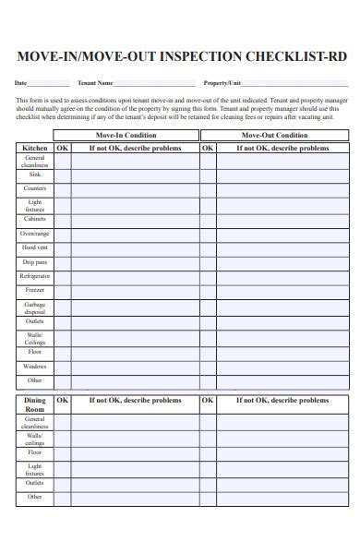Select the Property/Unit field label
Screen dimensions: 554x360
pyautogui.click(x=222, y=82)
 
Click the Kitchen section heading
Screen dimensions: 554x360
pyautogui.click(x=35, y=148)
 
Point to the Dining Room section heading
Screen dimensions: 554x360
pyautogui.click(x=35, y=405)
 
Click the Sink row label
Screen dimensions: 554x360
pyautogui.click(x=35, y=175)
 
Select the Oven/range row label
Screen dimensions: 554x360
pyautogui.click(x=35, y=234)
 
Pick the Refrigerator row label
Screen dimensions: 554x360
pyautogui.click(x=35, y=276)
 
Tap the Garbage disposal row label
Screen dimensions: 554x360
pyautogui.click(x=35, y=307)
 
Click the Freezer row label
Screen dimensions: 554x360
pyautogui.click(x=35, y=291)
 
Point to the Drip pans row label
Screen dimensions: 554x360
pyautogui.click(x=35, y=262)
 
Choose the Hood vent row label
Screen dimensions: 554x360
pyautogui.click(x=35, y=247)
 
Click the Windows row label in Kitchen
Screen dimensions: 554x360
pyautogui.click(x=35, y=366)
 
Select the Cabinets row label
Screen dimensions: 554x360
pyautogui.click(x=35, y=219)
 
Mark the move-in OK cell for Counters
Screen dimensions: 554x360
pyautogui.click(x=62, y=188)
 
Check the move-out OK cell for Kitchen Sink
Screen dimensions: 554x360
pyautogui.click(x=208, y=175)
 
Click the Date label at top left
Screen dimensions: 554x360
pyautogui.click(x=20, y=82)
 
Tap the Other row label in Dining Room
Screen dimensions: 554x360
pyautogui.click(x=35, y=497)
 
